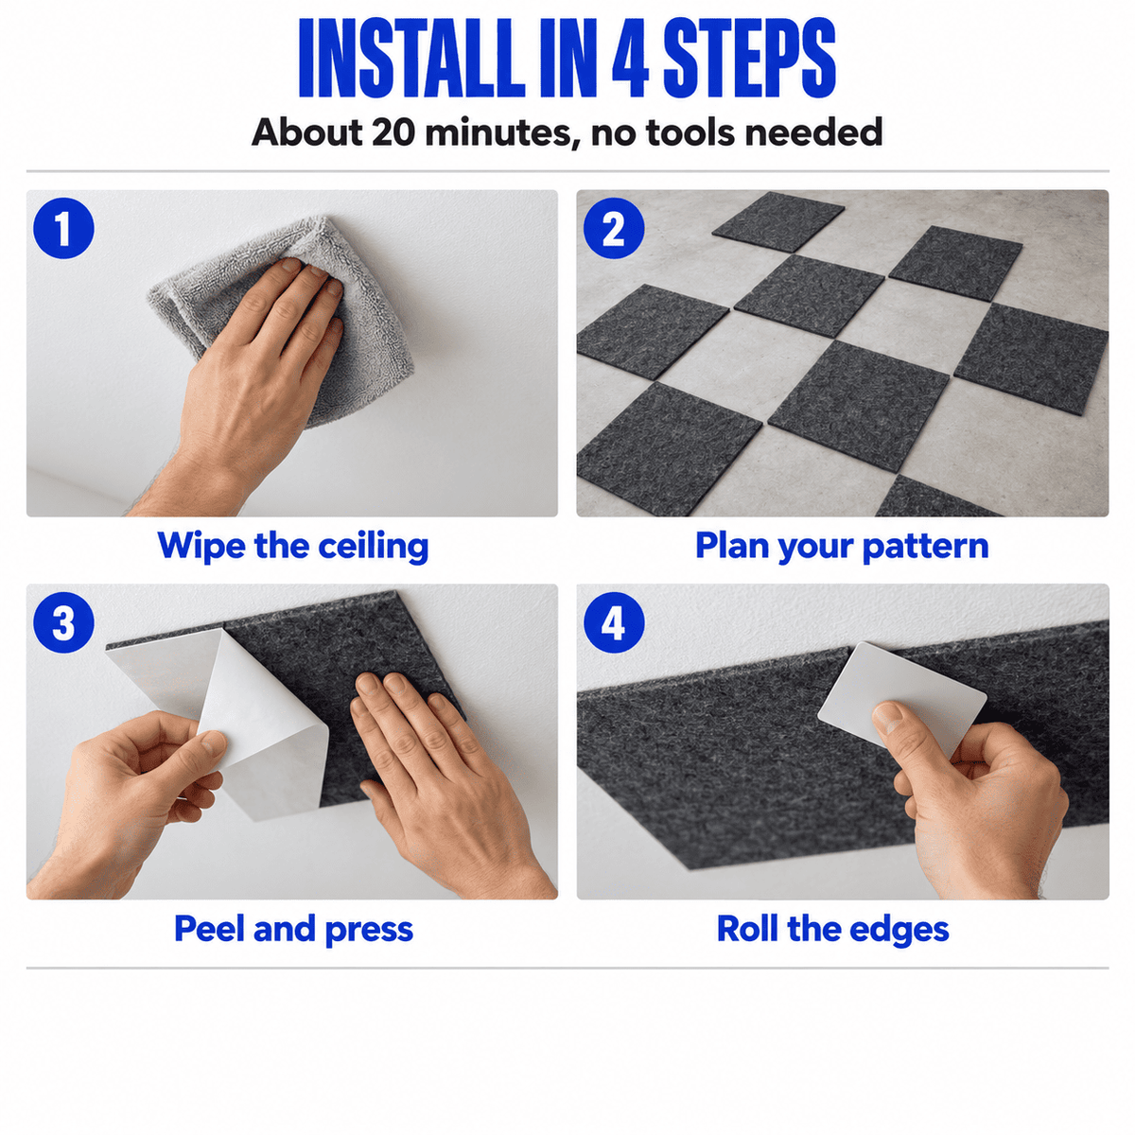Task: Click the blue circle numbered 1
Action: click(63, 228)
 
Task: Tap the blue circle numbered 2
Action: click(614, 228)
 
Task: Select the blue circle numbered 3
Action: click(63, 622)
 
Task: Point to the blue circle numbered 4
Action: click(614, 622)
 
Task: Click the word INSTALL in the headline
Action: click(411, 58)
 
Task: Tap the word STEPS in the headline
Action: click(749, 58)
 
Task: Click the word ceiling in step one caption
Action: click(374, 547)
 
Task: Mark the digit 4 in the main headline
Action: click(630, 59)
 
